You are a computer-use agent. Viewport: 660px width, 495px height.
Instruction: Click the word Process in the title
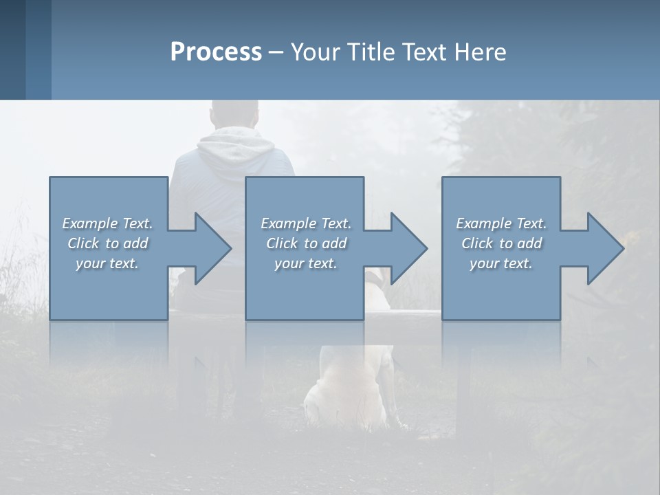coord(216,52)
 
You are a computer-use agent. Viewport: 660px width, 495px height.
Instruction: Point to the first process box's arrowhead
coord(213,248)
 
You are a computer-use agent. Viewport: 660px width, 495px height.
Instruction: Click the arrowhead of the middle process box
coord(409,248)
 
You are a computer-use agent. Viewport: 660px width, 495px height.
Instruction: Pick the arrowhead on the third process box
coord(606,248)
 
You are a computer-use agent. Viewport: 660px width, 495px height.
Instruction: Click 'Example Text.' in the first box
coord(107,223)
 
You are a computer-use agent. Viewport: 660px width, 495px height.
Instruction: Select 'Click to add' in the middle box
coord(306,243)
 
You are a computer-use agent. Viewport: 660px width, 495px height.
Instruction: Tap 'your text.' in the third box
coord(500,263)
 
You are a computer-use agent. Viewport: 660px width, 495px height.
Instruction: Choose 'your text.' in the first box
coord(107,263)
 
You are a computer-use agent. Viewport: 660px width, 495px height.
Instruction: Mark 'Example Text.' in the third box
coord(500,223)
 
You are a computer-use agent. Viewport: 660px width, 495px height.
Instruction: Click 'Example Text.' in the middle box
coord(306,223)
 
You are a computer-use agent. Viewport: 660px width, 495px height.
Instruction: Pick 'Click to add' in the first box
coord(107,243)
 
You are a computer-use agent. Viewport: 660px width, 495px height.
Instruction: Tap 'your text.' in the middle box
coord(306,263)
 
